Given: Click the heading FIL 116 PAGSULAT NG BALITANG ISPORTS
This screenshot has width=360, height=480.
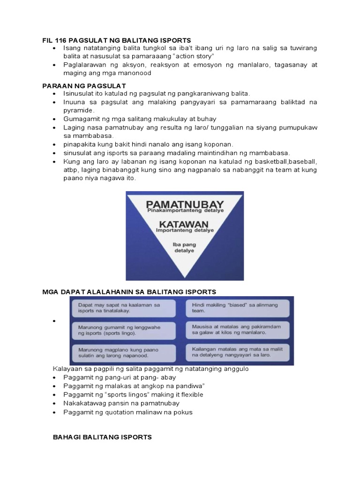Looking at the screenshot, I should tap(117, 41).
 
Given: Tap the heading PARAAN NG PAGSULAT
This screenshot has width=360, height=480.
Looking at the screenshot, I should tap(84, 85).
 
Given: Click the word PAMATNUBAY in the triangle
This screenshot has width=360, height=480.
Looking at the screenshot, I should tap(185, 204).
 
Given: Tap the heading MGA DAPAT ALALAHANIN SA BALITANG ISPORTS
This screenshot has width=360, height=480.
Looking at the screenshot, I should tap(129, 292).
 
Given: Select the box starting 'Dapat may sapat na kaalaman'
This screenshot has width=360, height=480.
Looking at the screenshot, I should tap(123, 307).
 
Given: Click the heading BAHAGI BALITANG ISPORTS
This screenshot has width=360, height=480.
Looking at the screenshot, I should tap(102, 437).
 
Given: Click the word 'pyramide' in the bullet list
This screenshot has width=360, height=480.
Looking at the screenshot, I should tap(79, 111).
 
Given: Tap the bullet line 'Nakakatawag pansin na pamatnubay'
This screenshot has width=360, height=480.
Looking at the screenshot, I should tap(121, 403).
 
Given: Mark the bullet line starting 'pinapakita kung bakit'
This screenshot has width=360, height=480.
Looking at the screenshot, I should tap(149, 144).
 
